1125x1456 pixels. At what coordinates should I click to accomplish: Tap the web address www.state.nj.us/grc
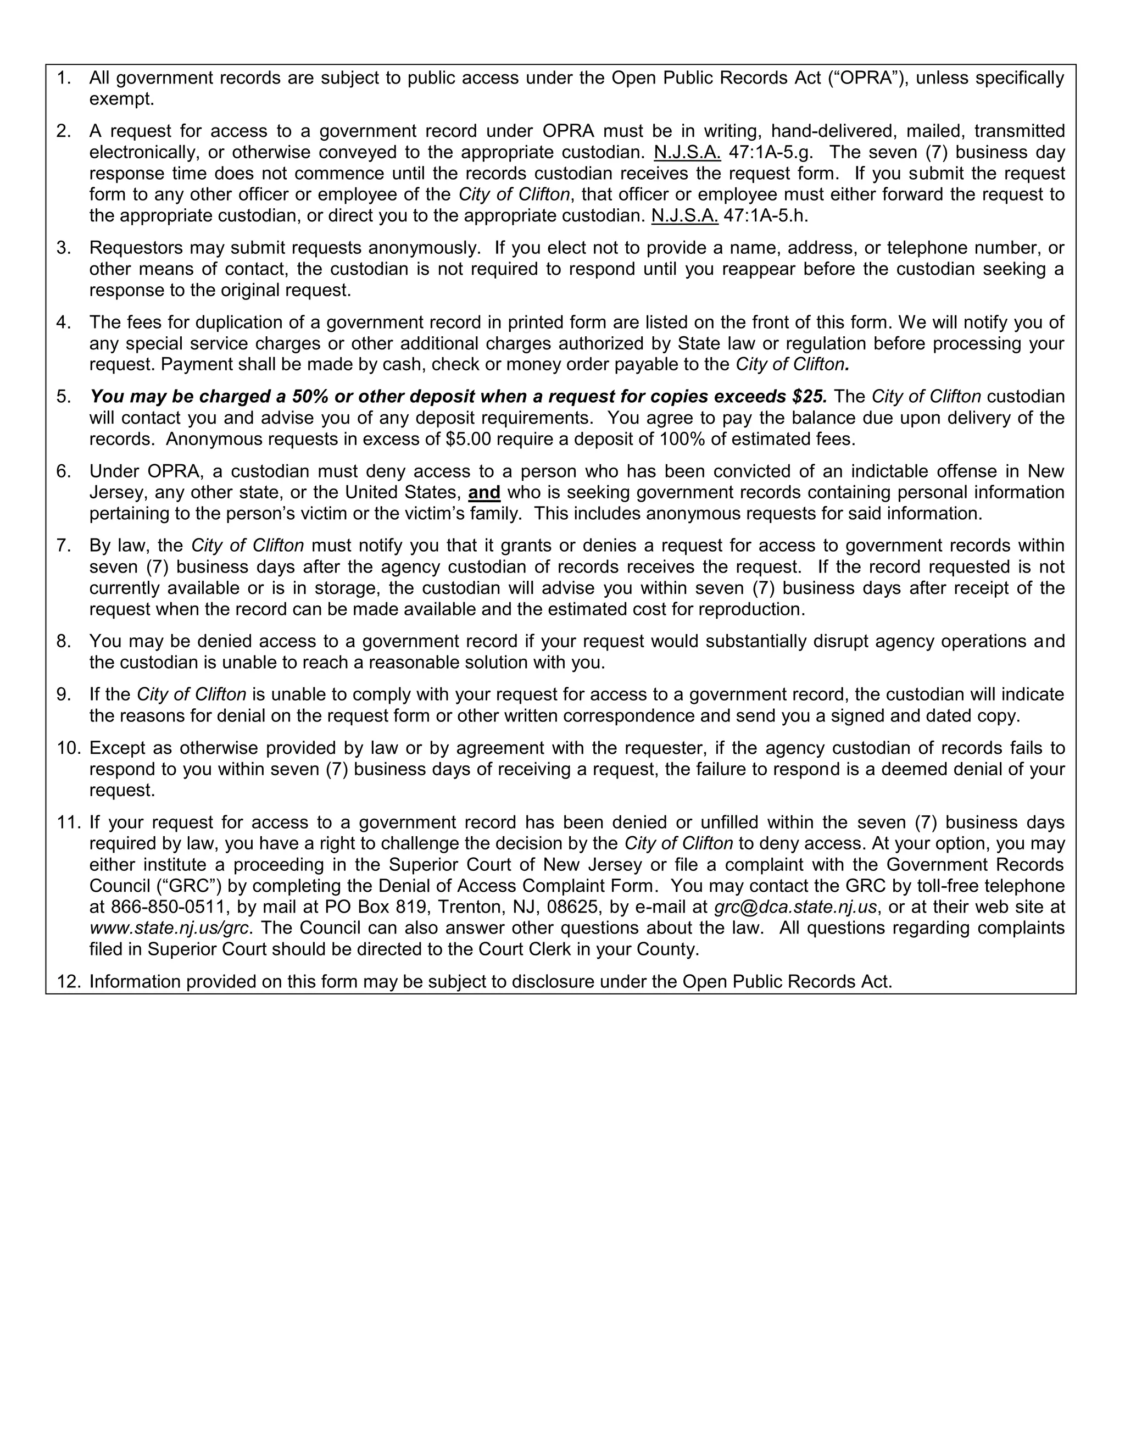click(169, 928)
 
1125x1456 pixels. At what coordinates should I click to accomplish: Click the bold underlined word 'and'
click(484, 493)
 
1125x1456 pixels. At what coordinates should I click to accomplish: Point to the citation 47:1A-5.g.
click(771, 152)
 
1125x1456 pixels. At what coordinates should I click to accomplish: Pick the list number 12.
click(68, 982)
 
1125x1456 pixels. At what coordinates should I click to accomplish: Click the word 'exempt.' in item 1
click(122, 99)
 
